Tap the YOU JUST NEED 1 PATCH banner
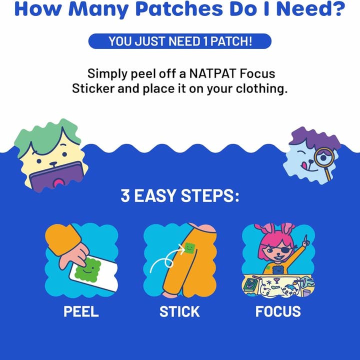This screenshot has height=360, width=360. click(180, 41)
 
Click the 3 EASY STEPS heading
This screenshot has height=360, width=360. click(180, 195)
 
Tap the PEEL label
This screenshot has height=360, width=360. click(81, 311)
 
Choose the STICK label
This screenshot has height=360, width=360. click(180, 311)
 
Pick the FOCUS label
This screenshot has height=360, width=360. click(278, 311)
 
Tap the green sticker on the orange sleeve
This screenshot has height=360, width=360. click(189, 247)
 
